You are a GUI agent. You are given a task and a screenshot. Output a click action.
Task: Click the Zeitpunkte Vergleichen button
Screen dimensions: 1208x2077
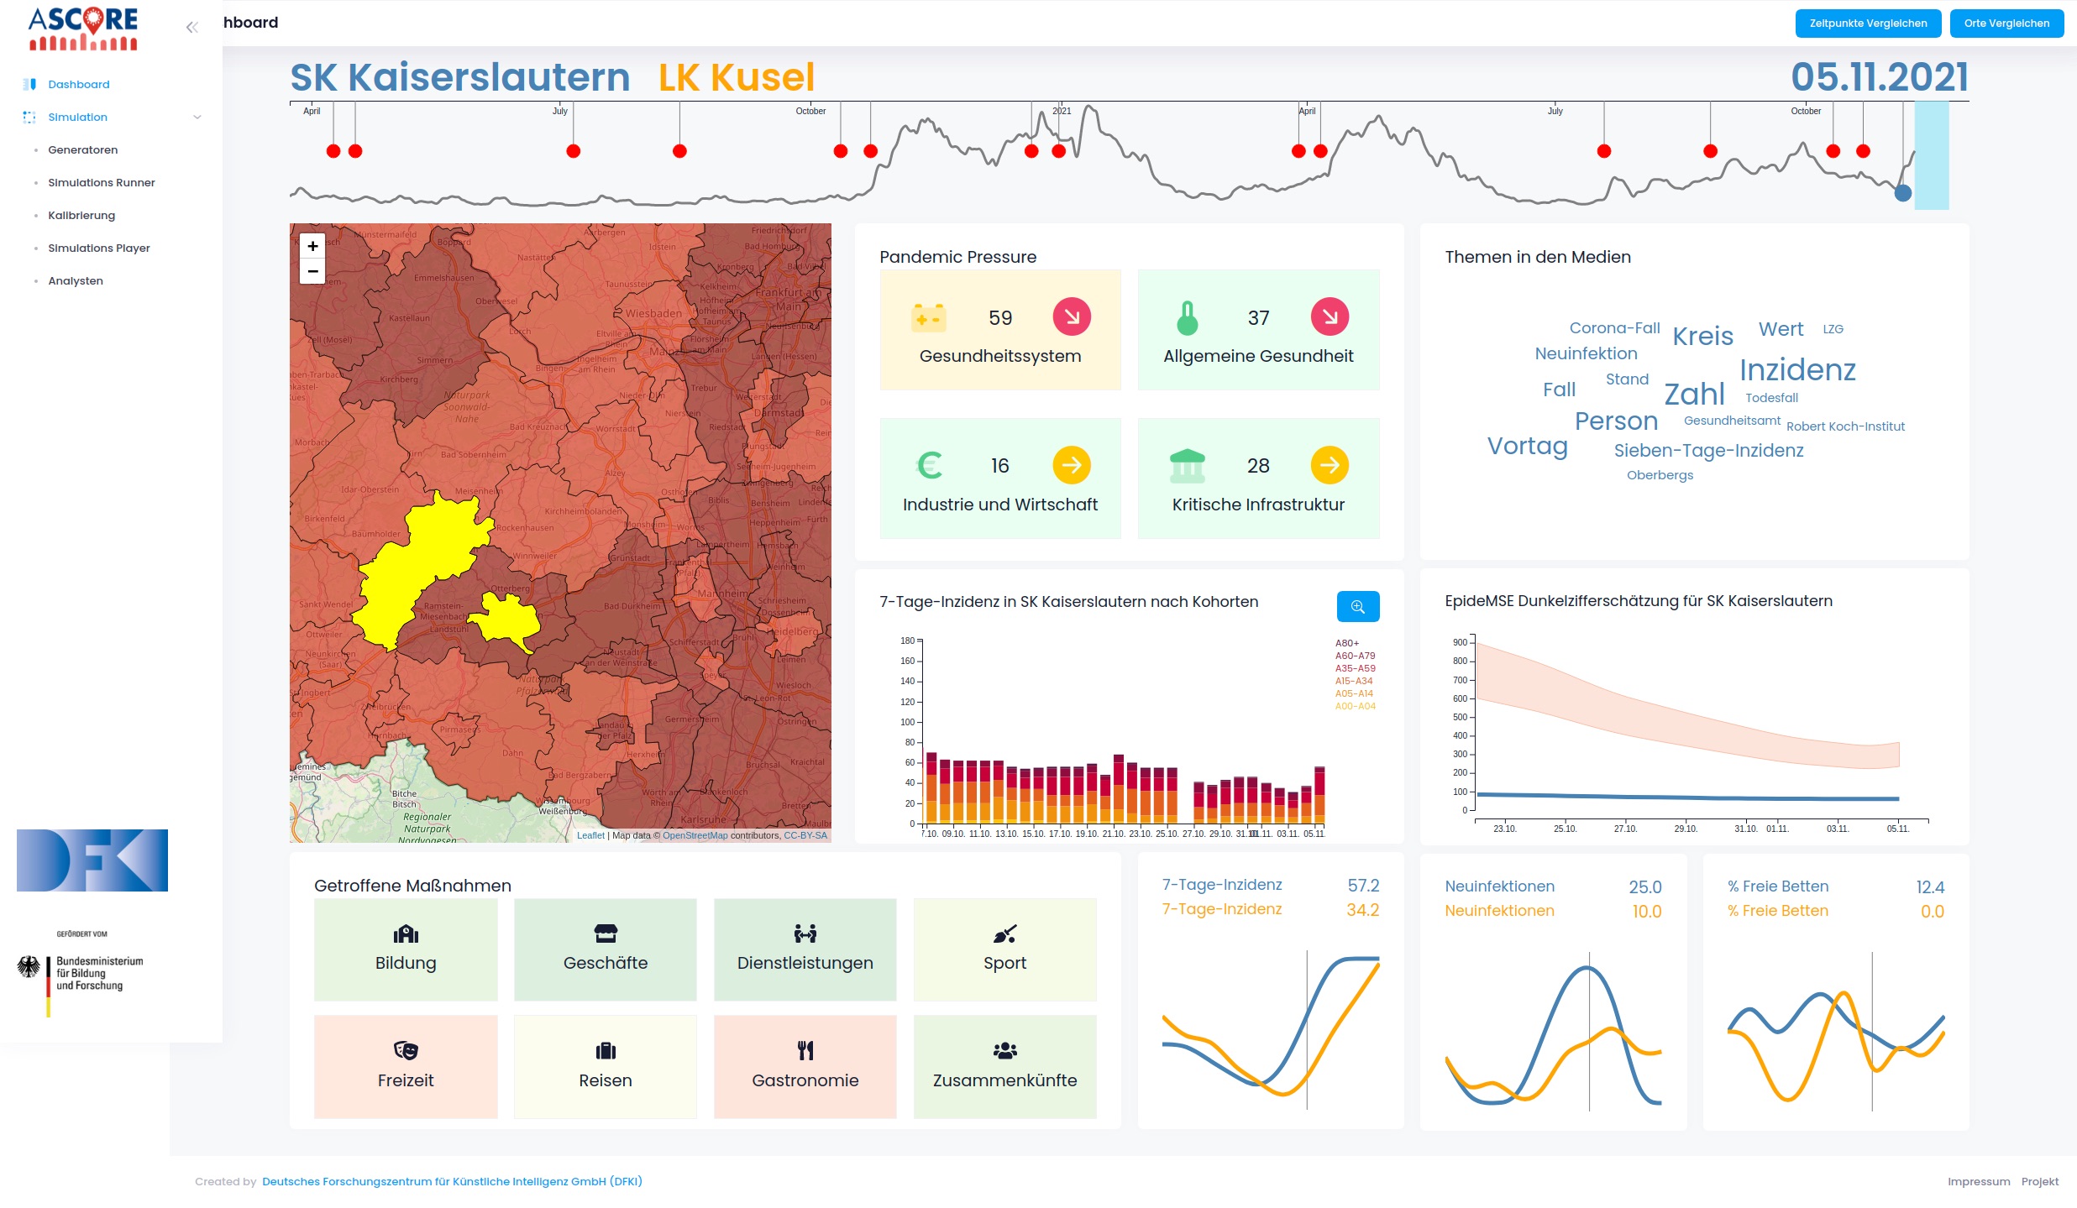pos(1867,24)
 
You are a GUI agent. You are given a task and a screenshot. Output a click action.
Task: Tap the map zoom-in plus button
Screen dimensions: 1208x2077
pos(312,246)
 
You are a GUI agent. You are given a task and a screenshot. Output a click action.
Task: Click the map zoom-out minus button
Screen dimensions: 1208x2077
pos(312,271)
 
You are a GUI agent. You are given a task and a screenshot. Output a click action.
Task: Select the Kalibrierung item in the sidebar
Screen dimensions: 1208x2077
pos(81,216)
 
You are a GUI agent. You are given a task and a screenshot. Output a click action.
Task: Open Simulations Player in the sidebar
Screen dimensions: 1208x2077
pos(99,248)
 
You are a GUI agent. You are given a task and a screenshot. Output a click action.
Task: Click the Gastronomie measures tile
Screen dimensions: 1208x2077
pos(805,1066)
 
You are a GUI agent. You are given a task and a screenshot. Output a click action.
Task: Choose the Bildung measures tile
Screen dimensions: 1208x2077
pos(406,949)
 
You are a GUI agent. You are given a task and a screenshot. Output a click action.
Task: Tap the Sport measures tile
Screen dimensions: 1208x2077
pos(1004,949)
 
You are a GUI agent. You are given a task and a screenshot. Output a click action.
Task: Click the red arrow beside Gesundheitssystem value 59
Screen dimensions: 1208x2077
pos(1072,316)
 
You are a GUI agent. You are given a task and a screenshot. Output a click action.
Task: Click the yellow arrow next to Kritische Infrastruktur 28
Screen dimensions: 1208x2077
pos(1330,465)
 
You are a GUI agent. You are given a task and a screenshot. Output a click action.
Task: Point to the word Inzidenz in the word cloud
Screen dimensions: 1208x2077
pos(1797,370)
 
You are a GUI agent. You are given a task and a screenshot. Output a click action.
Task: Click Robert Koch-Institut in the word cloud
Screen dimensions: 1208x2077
pos(1845,426)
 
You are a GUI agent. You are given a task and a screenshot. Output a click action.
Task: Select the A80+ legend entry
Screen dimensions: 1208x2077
pos(1347,643)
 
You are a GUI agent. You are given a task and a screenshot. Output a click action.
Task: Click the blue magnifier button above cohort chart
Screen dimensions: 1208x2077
pos(1357,606)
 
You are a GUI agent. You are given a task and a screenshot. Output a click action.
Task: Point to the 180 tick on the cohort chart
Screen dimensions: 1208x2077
pos(908,641)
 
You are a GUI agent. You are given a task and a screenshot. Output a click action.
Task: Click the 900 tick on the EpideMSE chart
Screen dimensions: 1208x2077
pos(1460,642)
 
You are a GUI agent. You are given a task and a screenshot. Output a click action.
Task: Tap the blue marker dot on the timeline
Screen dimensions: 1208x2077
pos(1902,193)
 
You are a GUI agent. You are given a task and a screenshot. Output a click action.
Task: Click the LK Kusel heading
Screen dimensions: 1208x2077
pos(736,77)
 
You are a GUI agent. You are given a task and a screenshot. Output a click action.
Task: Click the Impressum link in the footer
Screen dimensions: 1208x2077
pos(1978,1181)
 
